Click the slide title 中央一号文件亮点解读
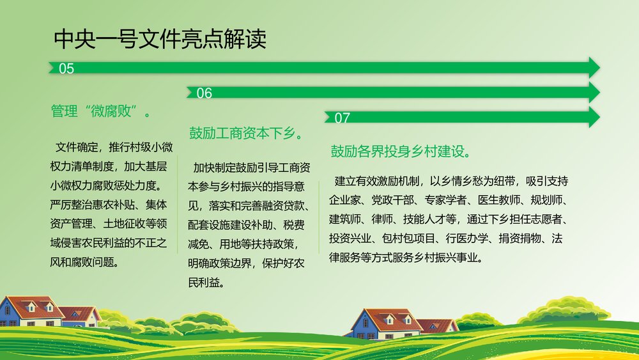coord(160,40)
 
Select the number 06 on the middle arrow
coord(204,93)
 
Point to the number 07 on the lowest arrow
coord(342,118)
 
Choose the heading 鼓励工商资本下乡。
coord(245,134)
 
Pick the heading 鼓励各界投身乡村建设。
coord(401,152)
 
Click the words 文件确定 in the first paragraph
coord(77,148)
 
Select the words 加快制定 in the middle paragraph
coord(214,168)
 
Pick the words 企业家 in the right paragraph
coord(345,200)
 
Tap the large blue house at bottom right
coord(383,324)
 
